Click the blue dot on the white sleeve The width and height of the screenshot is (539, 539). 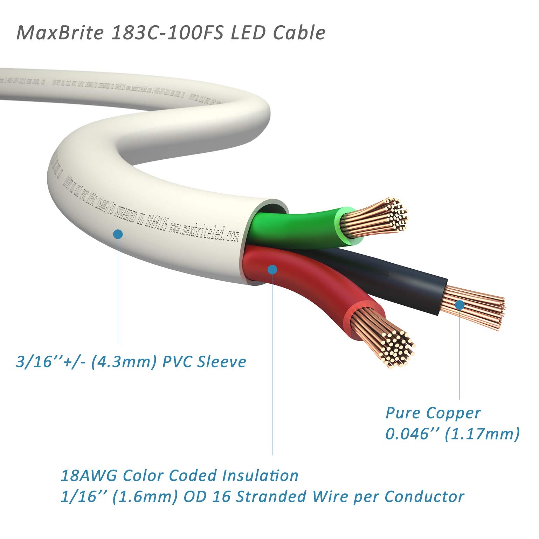[118, 234]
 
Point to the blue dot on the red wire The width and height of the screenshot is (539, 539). [272, 269]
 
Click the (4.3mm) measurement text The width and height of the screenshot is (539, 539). [123, 361]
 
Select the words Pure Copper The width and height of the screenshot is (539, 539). [433, 413]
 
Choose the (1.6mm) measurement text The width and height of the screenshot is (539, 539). [145, 497]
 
